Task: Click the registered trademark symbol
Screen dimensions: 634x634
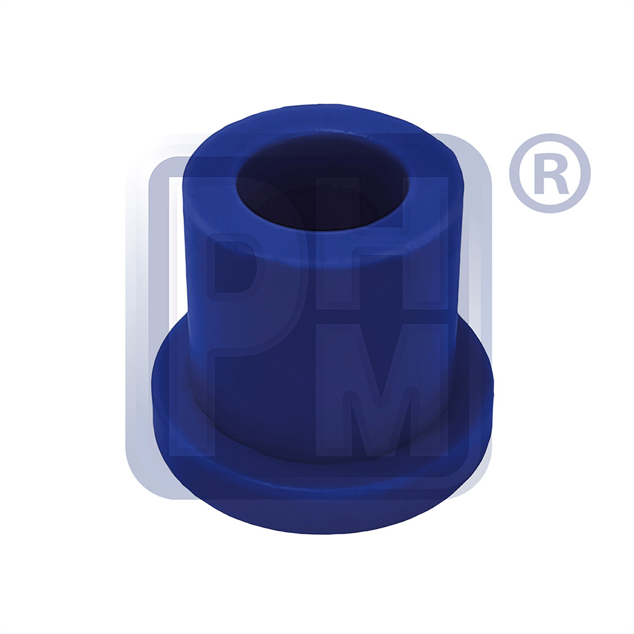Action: (549, 173)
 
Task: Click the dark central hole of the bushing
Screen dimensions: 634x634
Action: (322, 182)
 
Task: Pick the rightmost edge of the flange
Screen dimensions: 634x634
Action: (492, 387)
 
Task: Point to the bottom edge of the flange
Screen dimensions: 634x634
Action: (323, 532)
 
